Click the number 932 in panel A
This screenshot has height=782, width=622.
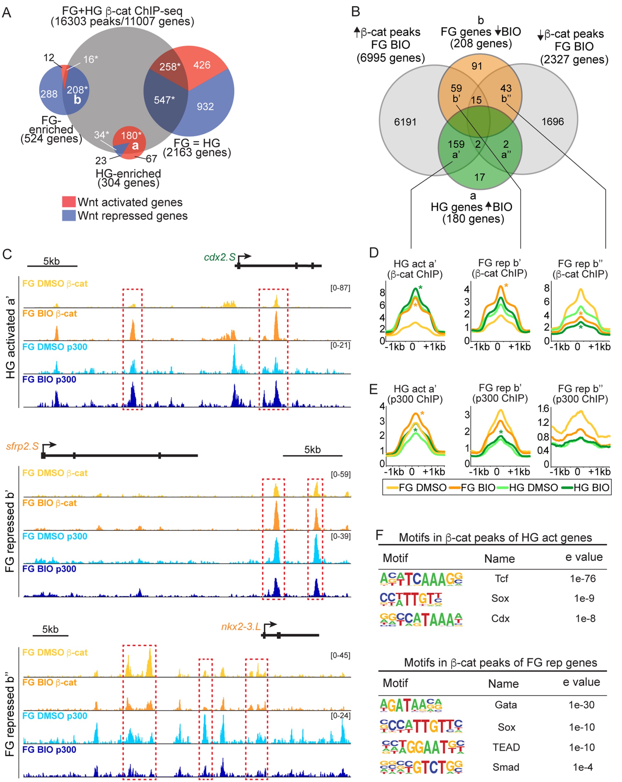(x=205, y=106)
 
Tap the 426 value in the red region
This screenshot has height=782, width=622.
(x=201, y=65)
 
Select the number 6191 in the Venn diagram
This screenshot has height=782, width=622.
(x=405, y=122)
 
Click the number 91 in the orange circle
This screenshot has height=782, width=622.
(x=477, y=66)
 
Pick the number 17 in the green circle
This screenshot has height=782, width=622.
(x=479, y=177)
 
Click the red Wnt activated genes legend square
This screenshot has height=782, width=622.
(x=69, y=202)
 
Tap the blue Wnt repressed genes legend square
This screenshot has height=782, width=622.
(x=69, y=216)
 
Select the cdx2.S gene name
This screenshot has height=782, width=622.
(x=220, y=257)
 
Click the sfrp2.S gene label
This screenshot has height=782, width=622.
(x=22, y=446)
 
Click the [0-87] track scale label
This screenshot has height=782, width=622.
(x=340, y=288)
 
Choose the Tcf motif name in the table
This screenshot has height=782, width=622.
(x=501, y=578)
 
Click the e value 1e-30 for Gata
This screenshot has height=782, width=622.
(x=581, y=705)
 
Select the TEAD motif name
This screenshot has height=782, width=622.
(x=506, y=747)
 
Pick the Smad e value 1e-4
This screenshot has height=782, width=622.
(x=583, y=767)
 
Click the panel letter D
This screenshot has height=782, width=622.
(x=374, y=253)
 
